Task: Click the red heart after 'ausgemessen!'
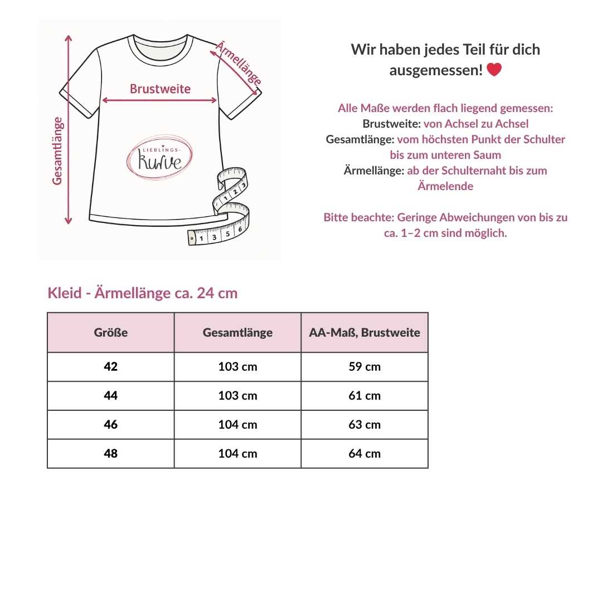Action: click(494, 70)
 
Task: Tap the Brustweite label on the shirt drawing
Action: click(160, 89)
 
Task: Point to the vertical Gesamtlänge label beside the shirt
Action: click(58, 151)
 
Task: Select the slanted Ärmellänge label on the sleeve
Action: click(239, 64)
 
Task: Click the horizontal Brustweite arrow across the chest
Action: click(160, 100)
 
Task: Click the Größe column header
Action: click(111, 333)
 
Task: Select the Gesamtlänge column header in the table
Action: click(237, 333)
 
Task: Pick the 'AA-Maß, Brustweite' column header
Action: click(365, 333)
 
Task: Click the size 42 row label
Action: click(111, 367)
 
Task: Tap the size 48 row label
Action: click(111, 454)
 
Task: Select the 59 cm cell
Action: click(365, 367)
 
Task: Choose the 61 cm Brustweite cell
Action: click(365, 396)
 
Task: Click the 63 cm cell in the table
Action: click(365, 425)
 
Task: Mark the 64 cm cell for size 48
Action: click(365, 454)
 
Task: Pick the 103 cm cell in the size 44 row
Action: click(237, 396)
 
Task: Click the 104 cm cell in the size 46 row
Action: click(237, 425)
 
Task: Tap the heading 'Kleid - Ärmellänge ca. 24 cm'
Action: click(143, 293)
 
